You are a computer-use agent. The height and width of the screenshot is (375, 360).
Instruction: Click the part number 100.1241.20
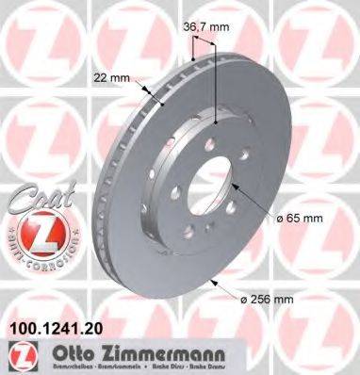(x=55, y=330)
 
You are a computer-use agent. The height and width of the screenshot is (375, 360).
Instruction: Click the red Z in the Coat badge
(x=32, y=234)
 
